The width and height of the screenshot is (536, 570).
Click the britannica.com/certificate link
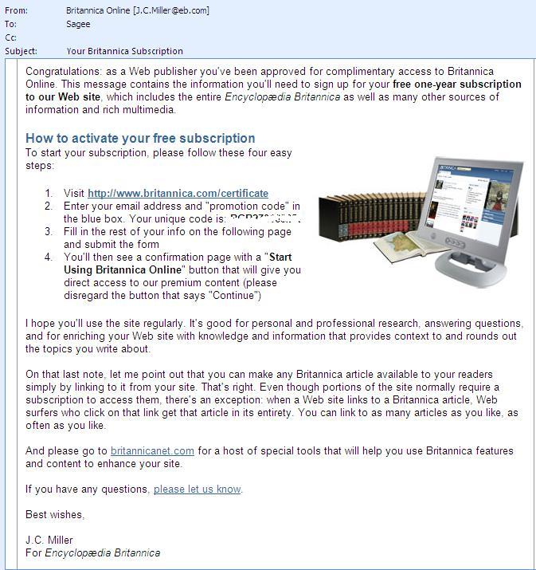178,193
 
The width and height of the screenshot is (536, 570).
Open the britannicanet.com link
152,451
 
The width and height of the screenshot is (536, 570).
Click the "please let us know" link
197,489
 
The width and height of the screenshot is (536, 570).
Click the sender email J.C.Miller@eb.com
173,10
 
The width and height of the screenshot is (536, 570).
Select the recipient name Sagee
79,24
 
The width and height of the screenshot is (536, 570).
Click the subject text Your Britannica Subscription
124,51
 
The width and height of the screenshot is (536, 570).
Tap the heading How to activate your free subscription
140,138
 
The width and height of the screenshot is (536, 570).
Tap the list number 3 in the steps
48,232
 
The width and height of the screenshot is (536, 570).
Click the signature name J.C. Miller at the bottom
49,541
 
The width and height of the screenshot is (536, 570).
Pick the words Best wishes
54,514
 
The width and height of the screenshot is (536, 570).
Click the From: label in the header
16,10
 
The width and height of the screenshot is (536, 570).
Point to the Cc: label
11,37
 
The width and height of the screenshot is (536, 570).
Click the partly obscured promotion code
264,218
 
